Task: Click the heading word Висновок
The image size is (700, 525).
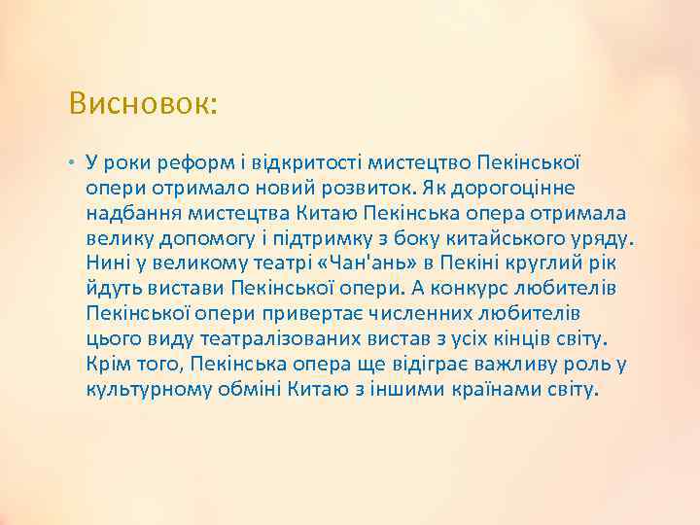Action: coord(142,104)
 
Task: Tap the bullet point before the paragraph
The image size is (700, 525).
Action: coord(73,159)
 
